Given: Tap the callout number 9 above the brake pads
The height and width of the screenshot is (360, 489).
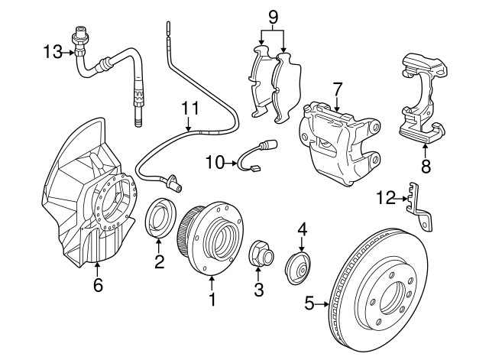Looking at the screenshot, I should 273,15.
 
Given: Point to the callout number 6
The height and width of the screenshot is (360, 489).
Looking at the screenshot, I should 97,286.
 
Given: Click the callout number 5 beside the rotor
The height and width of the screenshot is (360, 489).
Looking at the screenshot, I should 309,303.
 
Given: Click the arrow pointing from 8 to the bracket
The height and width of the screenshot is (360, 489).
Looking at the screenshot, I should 424,151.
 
